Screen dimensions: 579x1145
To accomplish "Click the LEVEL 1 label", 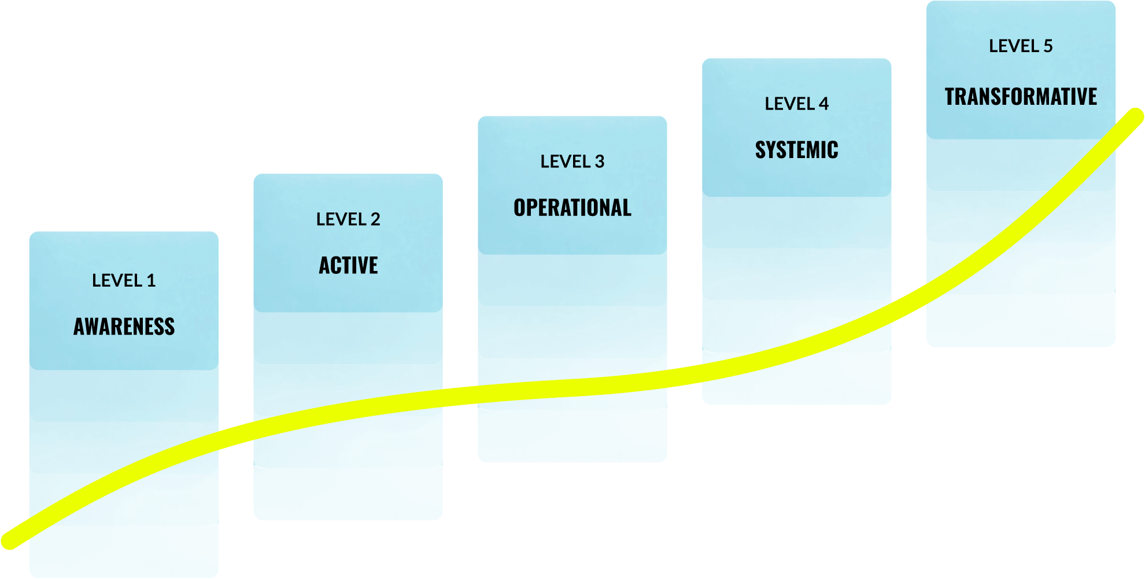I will coord(124,281).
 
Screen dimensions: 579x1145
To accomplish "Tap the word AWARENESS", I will coord(124,327).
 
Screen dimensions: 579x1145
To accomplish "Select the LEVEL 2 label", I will coord(348,219).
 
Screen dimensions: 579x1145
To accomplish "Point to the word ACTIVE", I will coord(348,266).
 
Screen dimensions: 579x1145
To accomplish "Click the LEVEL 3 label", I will coord(572,162).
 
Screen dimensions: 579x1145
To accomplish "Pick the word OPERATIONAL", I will coord(572,208).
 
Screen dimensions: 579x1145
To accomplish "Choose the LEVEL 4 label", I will coord(796,104).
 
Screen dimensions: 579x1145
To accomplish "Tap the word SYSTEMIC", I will coord(796,150).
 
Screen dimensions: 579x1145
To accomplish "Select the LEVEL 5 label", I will coord(1021,46).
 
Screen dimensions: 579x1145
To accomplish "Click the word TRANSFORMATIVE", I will coord(1021,97).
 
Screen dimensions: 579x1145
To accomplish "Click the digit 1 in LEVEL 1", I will coord(152,281).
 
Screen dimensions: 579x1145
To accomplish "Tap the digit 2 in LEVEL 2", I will coord(375,219).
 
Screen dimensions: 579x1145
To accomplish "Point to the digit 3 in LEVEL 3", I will coord(600,162).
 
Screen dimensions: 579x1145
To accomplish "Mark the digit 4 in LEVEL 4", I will coord(823,104).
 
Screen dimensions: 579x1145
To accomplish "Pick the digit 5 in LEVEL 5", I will coord(1048,46).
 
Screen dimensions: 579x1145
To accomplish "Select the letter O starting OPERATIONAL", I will coord(520,208).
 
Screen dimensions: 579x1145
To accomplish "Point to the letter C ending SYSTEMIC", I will coord(833,150).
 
